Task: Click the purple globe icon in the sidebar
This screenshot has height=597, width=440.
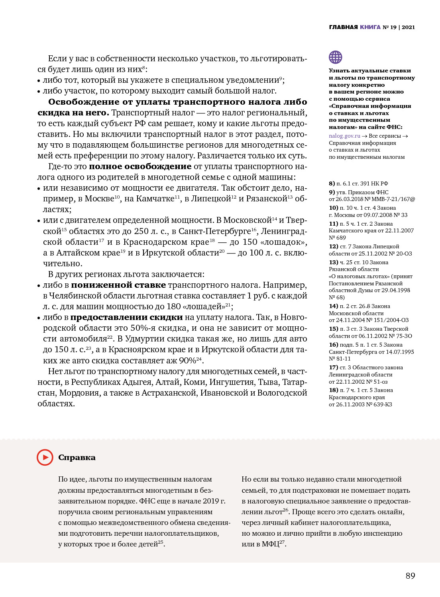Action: [336, 57]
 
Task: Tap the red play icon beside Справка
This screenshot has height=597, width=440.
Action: [45, 457]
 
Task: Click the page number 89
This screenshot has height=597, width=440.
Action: [410, 576]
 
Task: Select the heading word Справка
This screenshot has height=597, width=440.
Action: [77, 457]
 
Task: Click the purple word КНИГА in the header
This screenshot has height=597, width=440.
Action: [370, 27]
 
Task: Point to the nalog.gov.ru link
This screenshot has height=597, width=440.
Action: [344, 136]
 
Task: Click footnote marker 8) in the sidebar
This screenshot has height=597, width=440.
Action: [332, 183]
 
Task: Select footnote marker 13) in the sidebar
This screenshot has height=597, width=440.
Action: [333, 262]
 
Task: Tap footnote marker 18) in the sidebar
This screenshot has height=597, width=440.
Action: [333, 390]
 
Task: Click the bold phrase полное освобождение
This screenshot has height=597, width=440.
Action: [140, 166]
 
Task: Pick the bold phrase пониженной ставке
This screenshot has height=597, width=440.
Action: [118, 285]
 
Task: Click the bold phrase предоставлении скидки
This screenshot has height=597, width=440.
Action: [126, 317]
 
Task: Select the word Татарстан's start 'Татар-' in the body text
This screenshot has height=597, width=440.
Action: [295, 382]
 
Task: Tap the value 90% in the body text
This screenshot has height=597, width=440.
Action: [187, 361]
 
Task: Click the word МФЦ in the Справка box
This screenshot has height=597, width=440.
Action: [270, 544]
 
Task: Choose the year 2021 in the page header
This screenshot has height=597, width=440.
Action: [408, 27]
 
